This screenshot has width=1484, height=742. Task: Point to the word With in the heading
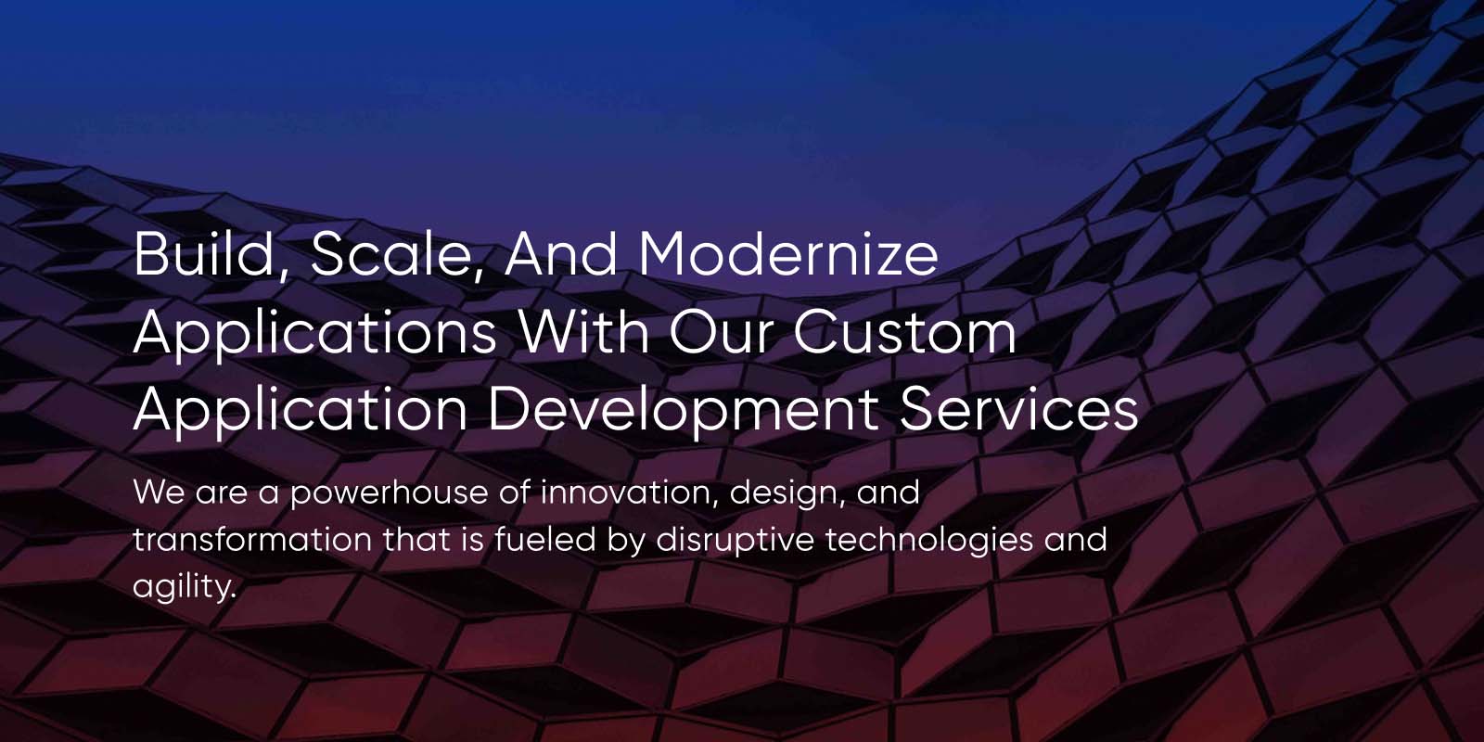(583, 331)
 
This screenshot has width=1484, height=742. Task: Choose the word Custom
(904, 331)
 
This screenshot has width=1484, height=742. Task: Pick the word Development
(683, 410)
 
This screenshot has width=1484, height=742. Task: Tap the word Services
(1017, 410)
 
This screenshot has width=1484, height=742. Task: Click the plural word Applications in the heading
(314, 331)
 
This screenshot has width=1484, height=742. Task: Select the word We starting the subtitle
(159, 493)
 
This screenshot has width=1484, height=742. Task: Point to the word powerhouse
(389, 493)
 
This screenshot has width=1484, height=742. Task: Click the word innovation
(628, 493)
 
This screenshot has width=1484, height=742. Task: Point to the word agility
(184, 586)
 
